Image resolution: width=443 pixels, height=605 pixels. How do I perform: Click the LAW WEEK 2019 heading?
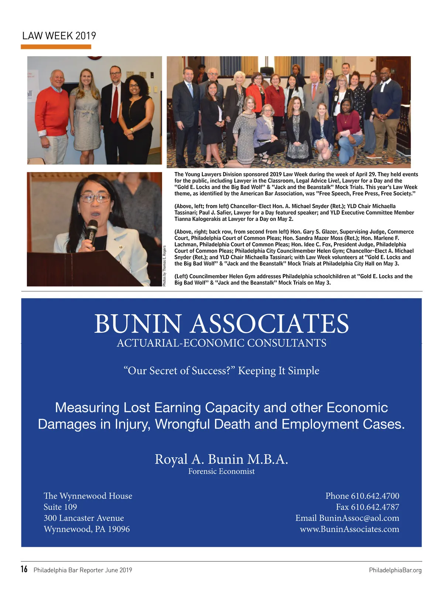click(59, 36)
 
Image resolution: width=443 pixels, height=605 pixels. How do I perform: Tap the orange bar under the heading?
click(56, 47)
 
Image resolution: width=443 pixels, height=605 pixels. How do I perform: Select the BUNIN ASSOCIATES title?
click(221, 324)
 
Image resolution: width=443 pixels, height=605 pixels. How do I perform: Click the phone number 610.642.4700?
click(375, 496)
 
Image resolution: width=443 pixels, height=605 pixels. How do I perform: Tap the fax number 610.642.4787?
click(375, 507)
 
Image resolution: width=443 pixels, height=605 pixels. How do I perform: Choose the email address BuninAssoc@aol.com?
click(359, 518)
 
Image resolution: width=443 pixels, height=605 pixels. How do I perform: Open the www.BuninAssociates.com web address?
click(349, 529)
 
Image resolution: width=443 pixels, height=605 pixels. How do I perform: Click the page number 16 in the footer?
click(24, 569)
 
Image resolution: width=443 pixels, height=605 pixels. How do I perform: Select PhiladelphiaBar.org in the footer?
click(395, 570)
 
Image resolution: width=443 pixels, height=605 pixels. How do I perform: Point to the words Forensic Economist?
click(221, 471)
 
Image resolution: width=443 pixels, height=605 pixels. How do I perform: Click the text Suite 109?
click(60, 507)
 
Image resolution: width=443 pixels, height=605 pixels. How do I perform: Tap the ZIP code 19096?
click(119, 529)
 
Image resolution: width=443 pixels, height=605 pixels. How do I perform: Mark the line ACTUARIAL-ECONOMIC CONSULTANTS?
click(221, 343)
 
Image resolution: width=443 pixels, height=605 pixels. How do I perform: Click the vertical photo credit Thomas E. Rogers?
click(164, 266)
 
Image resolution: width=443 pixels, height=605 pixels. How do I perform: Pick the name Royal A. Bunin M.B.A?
click(221, 459)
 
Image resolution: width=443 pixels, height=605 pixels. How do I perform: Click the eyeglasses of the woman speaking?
click(95, 198)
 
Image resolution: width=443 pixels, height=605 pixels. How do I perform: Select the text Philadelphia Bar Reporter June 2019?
click(83, 570)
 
